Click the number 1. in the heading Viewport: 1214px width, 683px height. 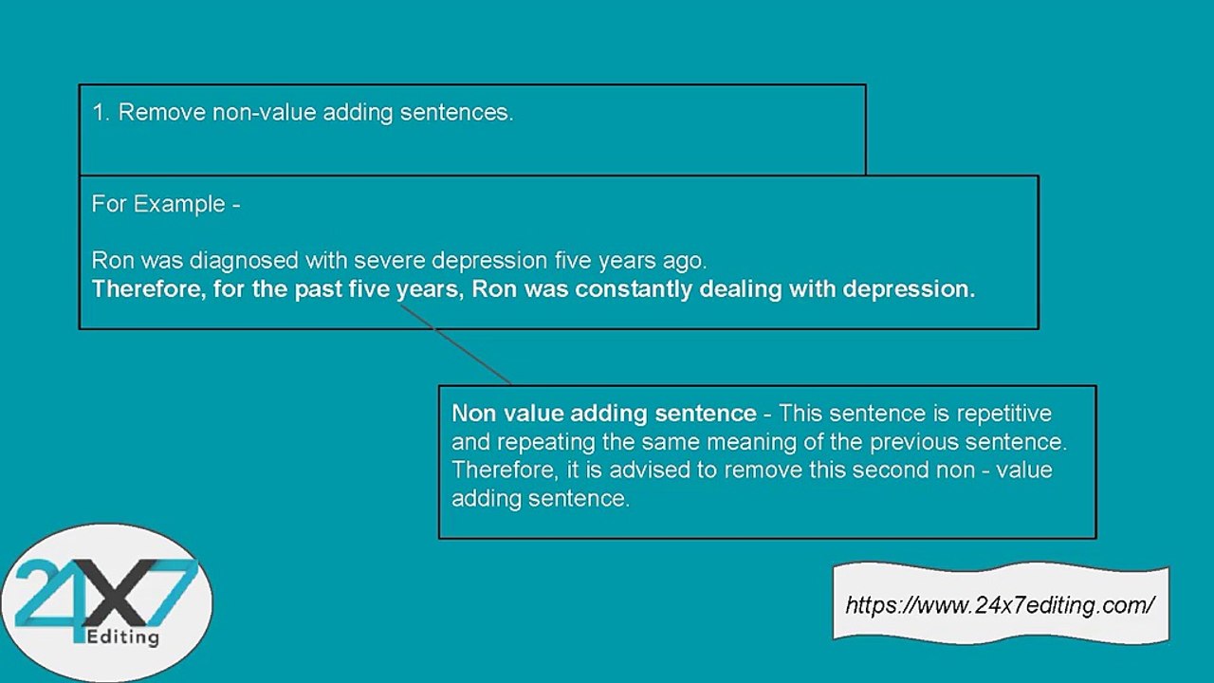click(101, 112)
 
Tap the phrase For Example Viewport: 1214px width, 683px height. click(157, 204)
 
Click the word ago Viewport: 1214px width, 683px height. click(687, 260)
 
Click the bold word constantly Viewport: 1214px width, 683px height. click(634, 288)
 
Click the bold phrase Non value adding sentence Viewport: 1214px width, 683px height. click(603, 414)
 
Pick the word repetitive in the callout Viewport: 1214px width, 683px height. click(1003, 414)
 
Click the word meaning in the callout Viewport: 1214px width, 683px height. click(778, 442)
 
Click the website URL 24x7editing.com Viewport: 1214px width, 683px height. click(1000, 605)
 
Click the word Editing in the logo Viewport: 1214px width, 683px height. click(122, 637)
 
